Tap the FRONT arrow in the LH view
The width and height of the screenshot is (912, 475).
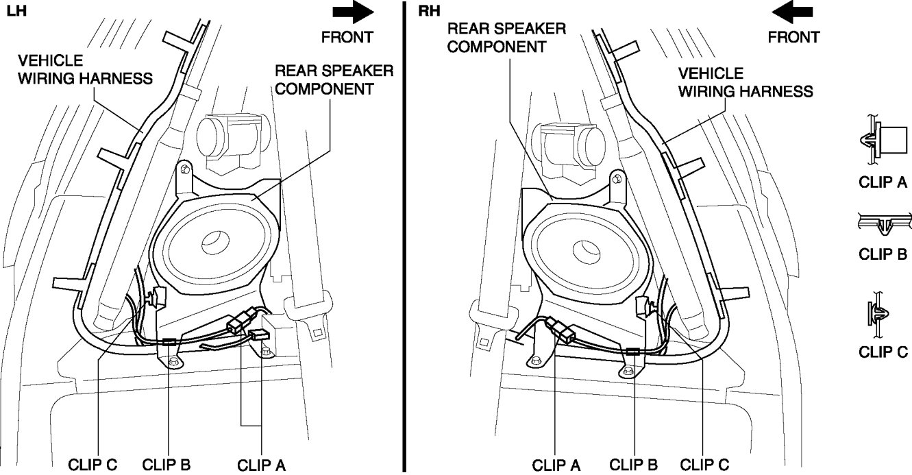353,13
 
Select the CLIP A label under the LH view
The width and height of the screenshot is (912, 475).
261,465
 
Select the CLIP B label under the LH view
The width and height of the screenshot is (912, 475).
167,465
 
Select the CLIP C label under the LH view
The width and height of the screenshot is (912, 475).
93,465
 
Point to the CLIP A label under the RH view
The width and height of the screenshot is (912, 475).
556,465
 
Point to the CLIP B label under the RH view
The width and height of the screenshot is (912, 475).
633,465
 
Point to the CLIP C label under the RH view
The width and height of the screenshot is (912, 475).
704,465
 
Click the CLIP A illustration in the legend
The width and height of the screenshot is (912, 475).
881,142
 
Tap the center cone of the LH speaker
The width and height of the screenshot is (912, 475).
212,244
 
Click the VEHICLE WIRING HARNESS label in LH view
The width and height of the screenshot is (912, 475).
85,69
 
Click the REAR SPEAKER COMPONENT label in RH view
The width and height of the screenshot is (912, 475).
506,38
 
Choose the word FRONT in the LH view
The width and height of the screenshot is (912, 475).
347,36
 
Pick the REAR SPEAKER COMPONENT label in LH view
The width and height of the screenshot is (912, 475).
334,80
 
